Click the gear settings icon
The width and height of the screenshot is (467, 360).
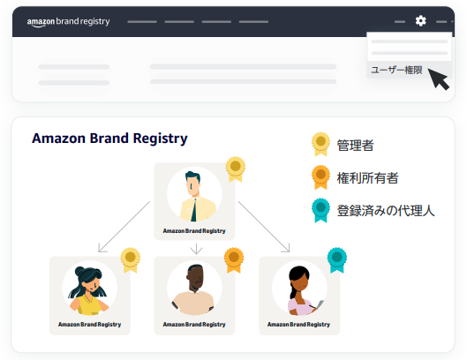tap(420, 21)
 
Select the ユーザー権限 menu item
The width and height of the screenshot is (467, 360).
tap(396, 71)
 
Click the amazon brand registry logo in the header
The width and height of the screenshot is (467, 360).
tap(69, 22)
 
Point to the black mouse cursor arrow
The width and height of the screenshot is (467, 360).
tap(439, 79)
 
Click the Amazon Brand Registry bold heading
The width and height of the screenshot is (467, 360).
tap(109, 139)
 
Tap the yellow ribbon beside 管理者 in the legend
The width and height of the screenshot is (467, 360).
tap(320, 144)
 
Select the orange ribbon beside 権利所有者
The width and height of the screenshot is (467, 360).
tap(320, 177)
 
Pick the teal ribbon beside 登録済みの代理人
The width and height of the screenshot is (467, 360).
tap(320, 210)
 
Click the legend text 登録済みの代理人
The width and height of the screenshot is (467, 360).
tap(386, 211)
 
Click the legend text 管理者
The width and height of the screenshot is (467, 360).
tap(355, 146)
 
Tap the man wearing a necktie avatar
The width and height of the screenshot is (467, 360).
tap(194, 194)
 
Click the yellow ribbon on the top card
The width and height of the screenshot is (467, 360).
tap(236, 169)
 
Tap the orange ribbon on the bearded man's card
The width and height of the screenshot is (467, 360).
tap(234, 260)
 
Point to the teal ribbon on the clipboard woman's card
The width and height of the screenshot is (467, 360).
tap(337, 260)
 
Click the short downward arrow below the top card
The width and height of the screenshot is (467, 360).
tap(196, 249)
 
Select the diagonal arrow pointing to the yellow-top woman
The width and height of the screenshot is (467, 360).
tap(124, 227)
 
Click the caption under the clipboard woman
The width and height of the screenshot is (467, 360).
tap(298, 325)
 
